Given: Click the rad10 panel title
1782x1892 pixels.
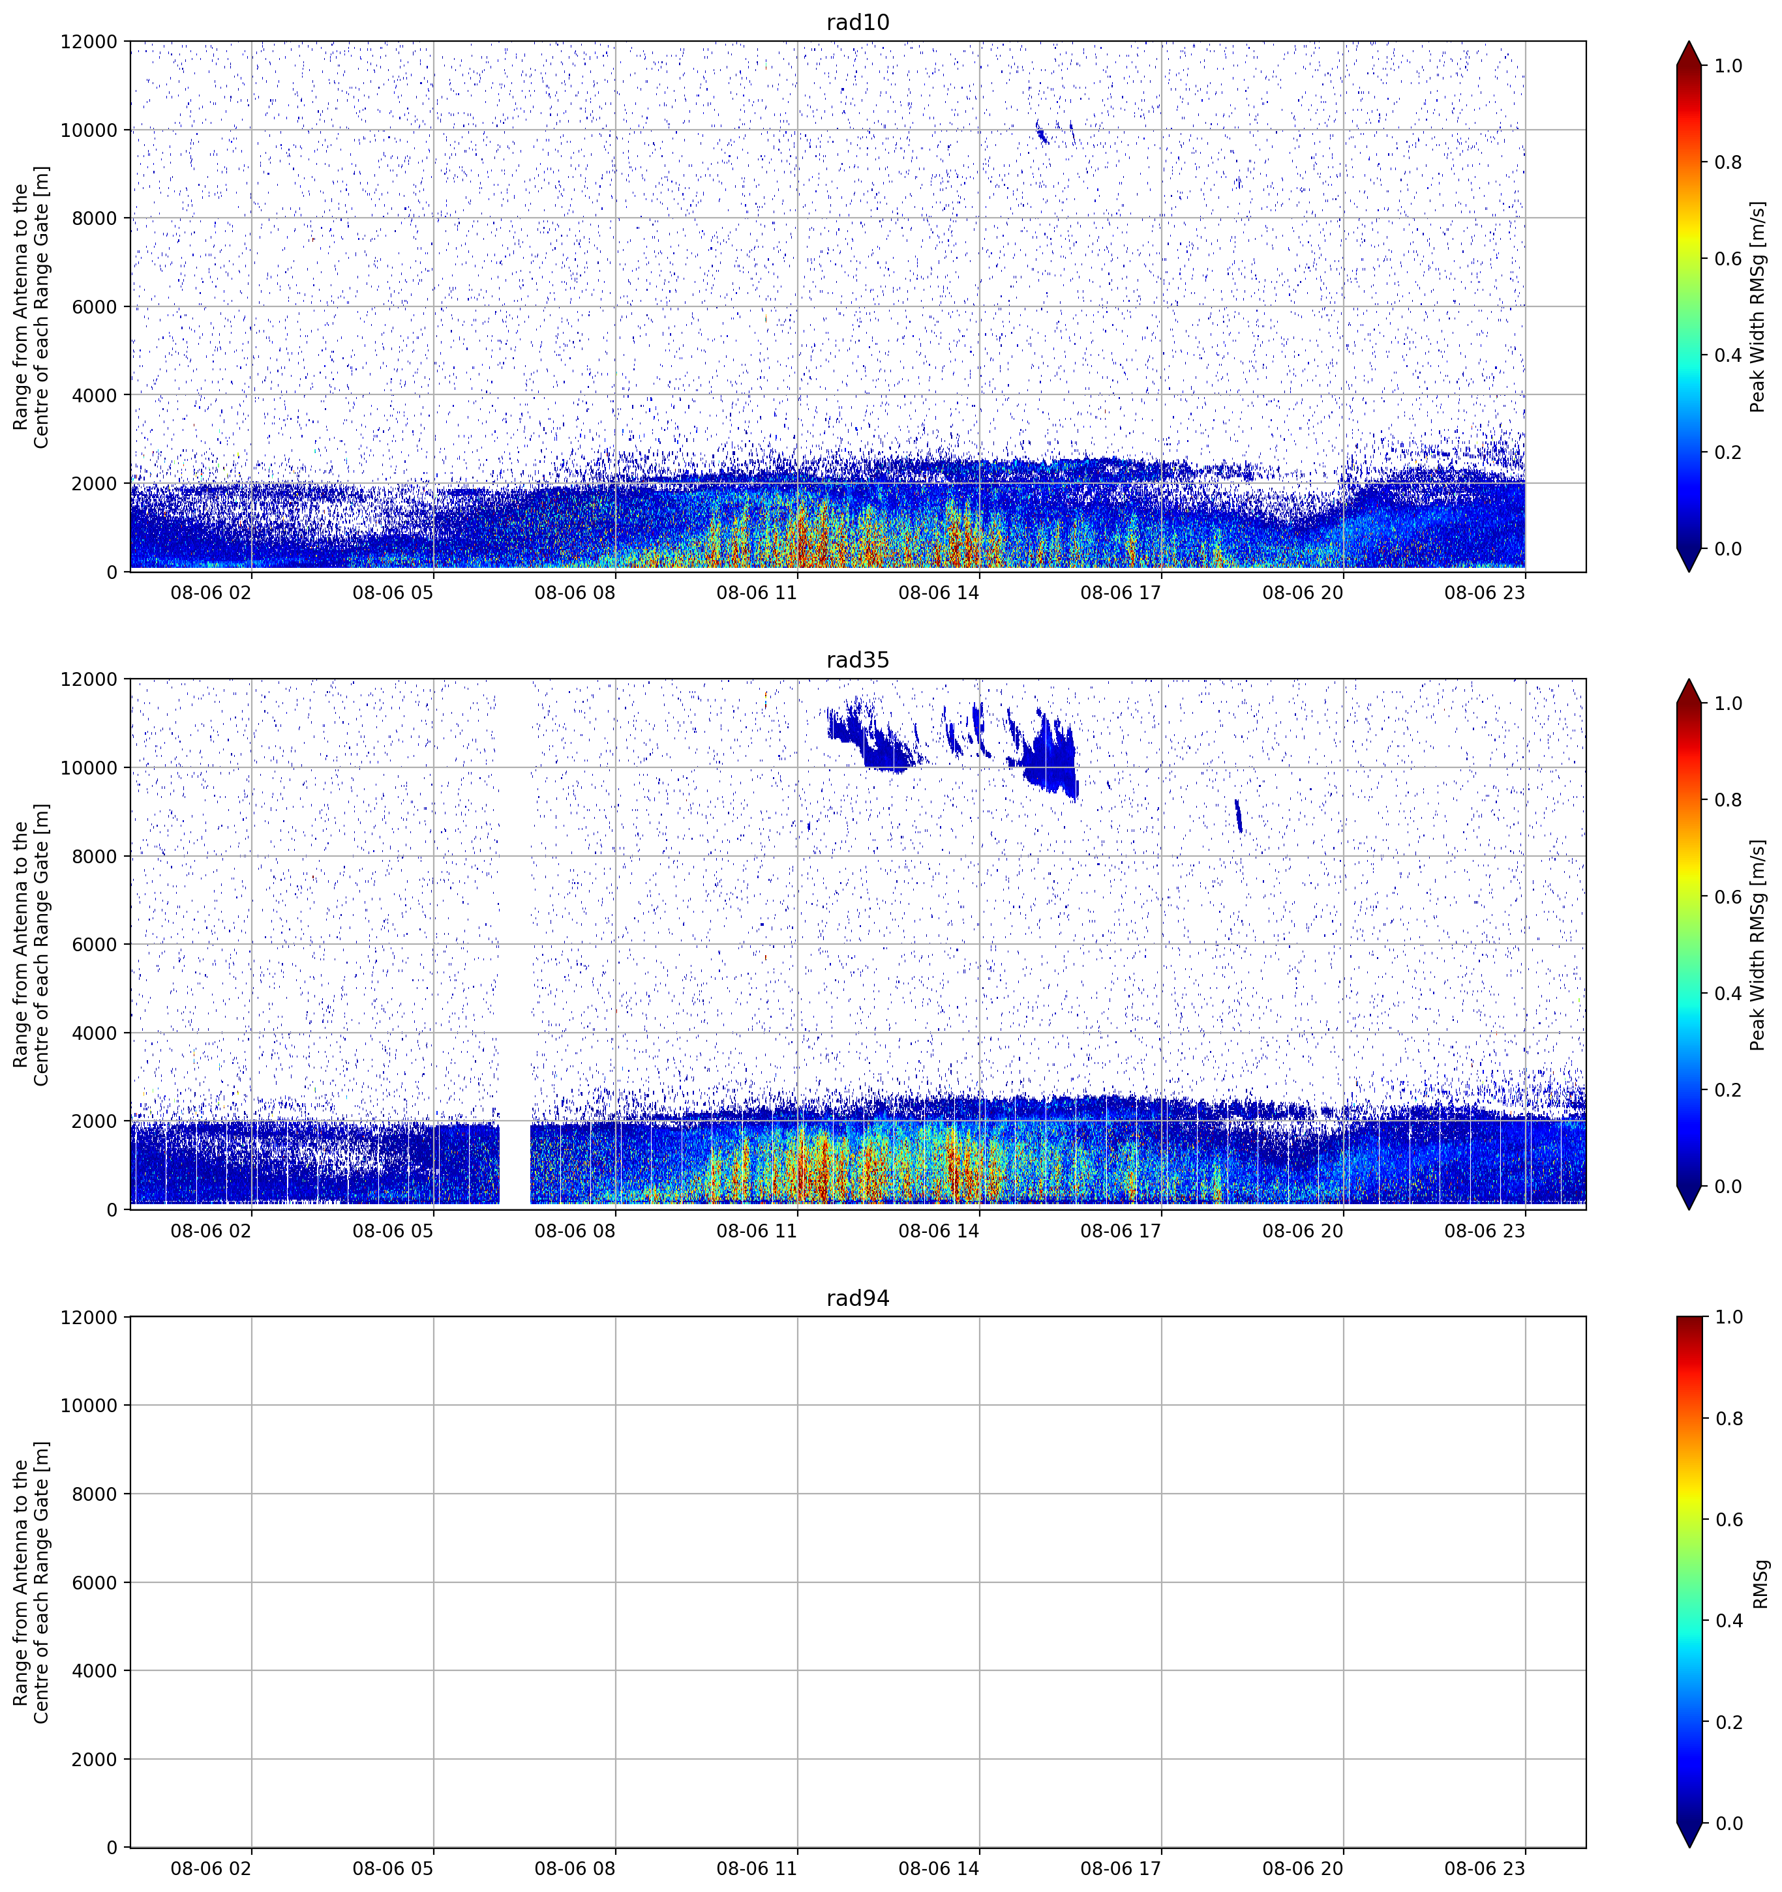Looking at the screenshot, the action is click(858, 23).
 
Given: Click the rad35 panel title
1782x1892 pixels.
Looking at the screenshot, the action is click(858, 660).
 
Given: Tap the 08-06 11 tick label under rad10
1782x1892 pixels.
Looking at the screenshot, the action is click(756, 593).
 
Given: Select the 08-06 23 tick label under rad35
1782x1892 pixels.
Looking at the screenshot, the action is click(1484, 1230).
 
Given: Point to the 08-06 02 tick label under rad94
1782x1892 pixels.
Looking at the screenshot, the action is click(211, 1869).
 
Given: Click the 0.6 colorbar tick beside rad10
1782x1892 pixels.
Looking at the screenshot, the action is click(1729, 259).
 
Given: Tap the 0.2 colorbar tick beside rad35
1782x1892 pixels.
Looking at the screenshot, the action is click(1729, 1089).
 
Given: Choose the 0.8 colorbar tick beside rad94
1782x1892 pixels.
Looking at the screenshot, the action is click(1729, 1419).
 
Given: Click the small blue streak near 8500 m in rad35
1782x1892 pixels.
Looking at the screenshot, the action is click(1239, 816).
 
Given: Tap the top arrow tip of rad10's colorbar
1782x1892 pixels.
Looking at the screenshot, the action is click(1689, 42).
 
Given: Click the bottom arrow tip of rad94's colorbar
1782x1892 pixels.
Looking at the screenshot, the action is click(1689, 1847).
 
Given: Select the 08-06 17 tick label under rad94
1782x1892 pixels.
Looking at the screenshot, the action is click(1121, 1869).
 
